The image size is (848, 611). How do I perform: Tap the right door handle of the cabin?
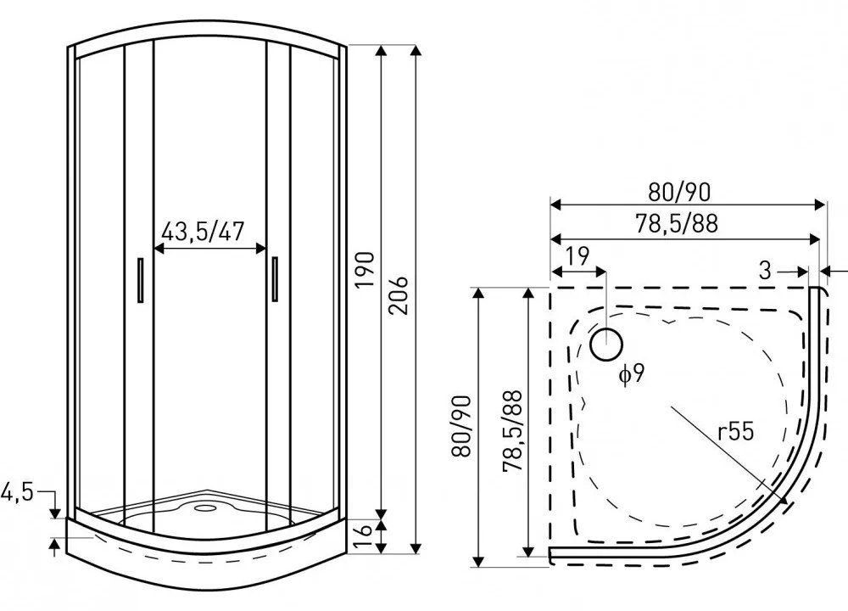275,279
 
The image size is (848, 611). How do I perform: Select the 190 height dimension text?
364,270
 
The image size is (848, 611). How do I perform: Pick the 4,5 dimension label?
17,491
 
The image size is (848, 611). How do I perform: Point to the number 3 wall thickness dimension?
765,272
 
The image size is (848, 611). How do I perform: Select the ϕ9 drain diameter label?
632,374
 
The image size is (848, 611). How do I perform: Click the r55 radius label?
734,433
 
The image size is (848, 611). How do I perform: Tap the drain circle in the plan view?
606,344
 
